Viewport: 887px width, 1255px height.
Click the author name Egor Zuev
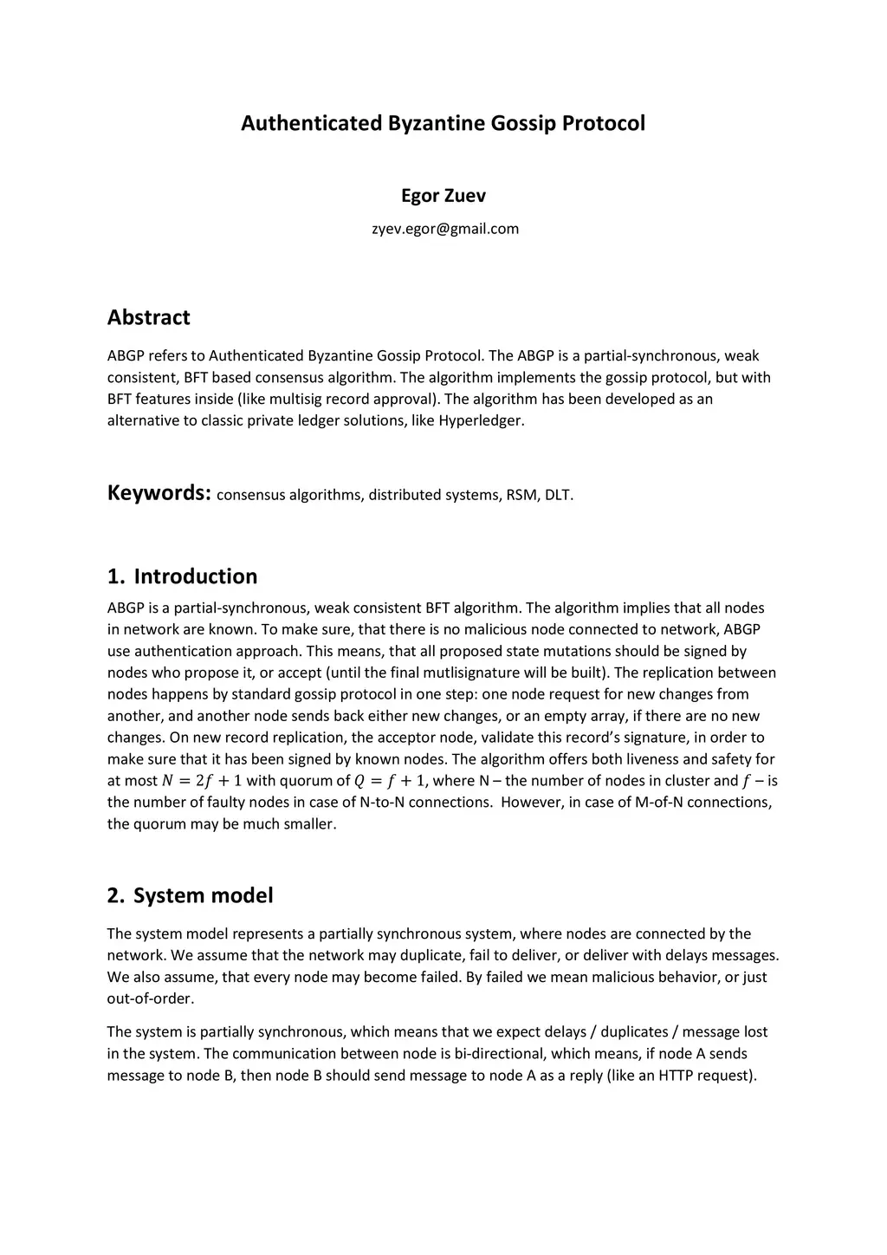coord(443,196)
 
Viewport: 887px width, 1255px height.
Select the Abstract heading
coord(148,317)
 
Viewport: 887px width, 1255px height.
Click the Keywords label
coord(159,493)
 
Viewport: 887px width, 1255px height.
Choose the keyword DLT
coord(558,495)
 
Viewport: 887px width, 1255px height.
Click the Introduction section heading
coord(195,576)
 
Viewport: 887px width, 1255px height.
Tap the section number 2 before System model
coord(114,895)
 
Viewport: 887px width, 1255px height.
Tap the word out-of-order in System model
coord(149,998)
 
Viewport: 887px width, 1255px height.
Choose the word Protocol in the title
coord(603,123)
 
